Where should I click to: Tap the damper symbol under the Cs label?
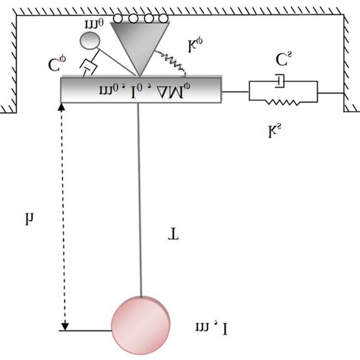(x=281, y=80)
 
